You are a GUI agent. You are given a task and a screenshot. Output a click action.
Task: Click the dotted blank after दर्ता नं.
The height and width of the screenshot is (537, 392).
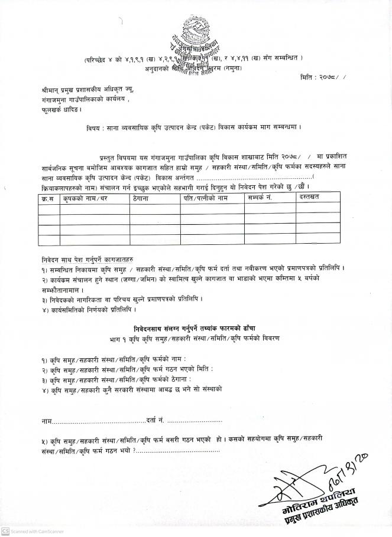(195, 421)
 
